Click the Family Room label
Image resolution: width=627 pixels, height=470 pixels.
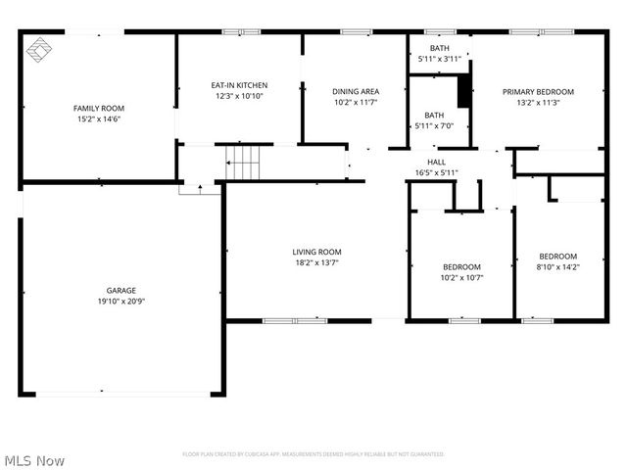click(x=99, y=108)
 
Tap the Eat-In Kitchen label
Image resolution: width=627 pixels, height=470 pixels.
click(x=239, y=85)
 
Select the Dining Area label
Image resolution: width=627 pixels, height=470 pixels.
click(x=356, y=91)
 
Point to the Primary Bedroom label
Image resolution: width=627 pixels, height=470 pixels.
click(x=538, y=91)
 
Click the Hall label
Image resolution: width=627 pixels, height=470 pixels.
click(x=436, y=162)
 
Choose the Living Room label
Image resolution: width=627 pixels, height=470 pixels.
click(x=316, y=252)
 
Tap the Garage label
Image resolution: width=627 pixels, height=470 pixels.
click(x=121, y=290)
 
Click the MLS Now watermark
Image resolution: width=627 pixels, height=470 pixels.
click(x=35, y=459)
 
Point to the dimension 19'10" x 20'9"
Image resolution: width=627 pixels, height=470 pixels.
click(x=121, y=302)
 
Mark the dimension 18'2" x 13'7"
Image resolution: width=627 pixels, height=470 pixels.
click(x=316, y=262)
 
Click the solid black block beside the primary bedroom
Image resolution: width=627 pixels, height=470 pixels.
click(x=464, y=90)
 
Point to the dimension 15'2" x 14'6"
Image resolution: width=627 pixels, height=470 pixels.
click(x=99, y=119)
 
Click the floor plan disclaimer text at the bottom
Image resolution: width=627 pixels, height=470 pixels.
click(x=313, y=454)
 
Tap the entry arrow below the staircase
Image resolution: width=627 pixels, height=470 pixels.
click(x=200, y=186)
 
